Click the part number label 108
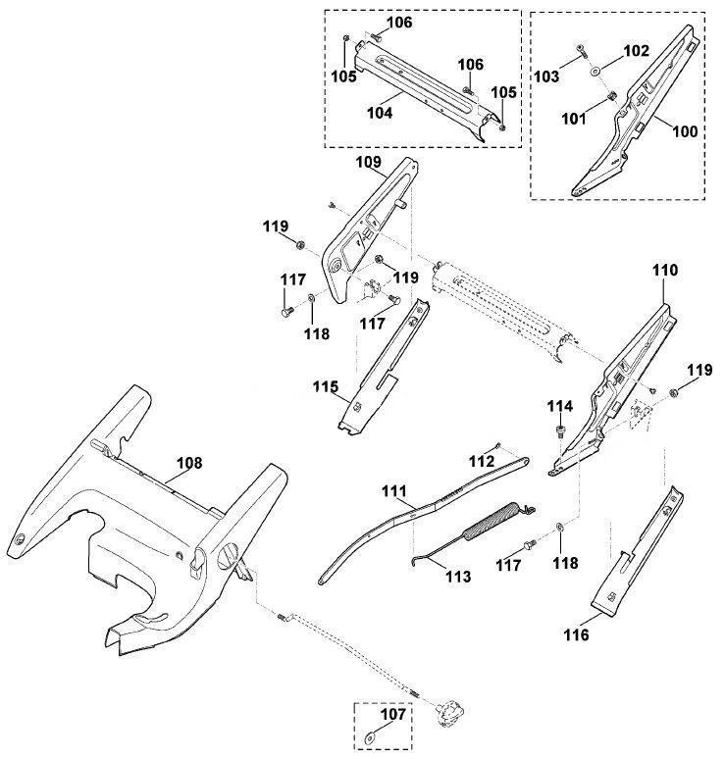(x=189, y=463)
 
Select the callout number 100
(x=686, y=131)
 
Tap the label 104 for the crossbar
(x=380, y=113)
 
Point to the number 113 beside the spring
(x=458, y=577)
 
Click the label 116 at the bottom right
(x=576, y=634)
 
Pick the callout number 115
(x=326, y=386)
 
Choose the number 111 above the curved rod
(x=394, y=492)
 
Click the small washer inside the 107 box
(x=372, y=739)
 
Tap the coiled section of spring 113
(x=491, y=520)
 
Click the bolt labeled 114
(x=560, y=430)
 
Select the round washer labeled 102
(x=595, y=72)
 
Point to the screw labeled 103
(x=581, y=49)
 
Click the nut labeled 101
(x=611, y=95)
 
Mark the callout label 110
(x=665, y=270)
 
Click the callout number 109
(x=369, y=162)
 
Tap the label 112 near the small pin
(x=482, y=461)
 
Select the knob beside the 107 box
(x=450, y=715)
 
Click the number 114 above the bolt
(x=560, y=406)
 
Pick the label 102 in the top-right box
(x=636, y=50)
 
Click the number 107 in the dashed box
(x=392, y=714)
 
